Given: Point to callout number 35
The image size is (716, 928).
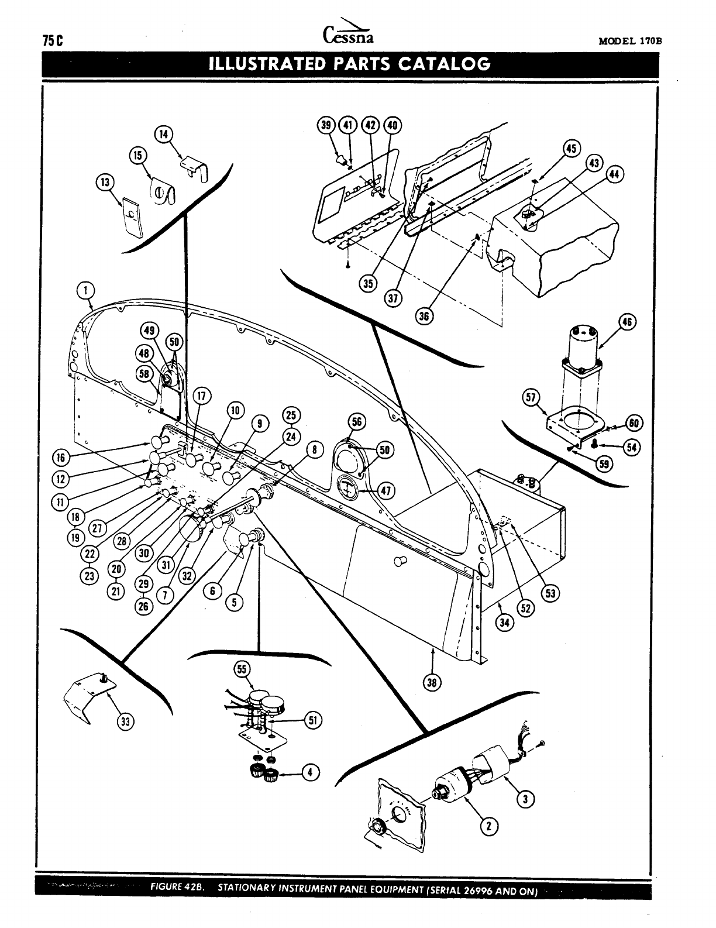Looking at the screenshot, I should click(368, 285).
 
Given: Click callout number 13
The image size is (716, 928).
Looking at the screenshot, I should click(105, 182).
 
